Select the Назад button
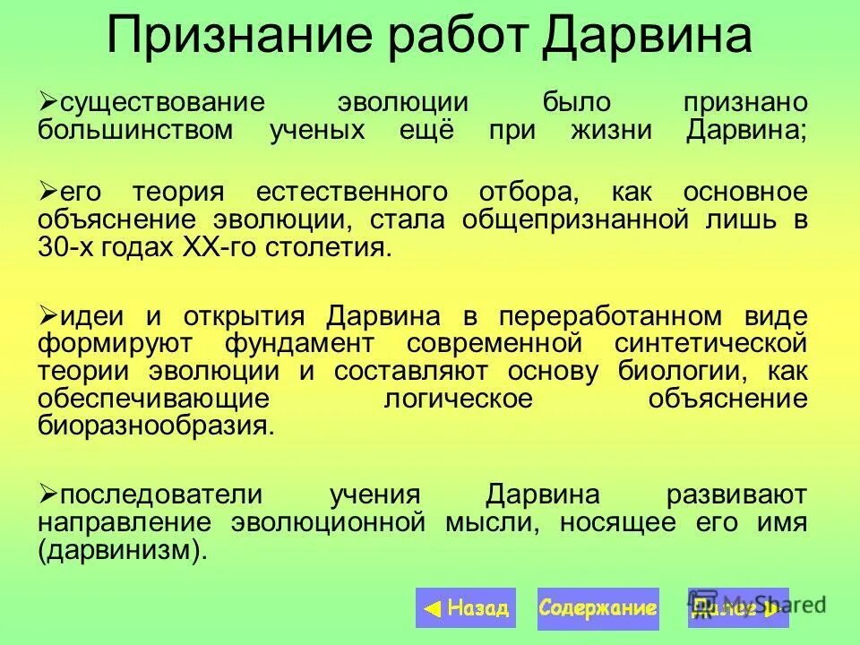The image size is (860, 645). click(x=466, y=609)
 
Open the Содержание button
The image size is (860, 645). click(x=598, y=609)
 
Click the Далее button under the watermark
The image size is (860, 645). click(x=737, y=609)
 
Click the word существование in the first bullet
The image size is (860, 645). click(x=162, y=104)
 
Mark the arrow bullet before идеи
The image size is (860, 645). click(x=48, y=315)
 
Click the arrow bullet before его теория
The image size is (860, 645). click(x=48, y=191)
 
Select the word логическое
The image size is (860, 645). click(x=458, y=400)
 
